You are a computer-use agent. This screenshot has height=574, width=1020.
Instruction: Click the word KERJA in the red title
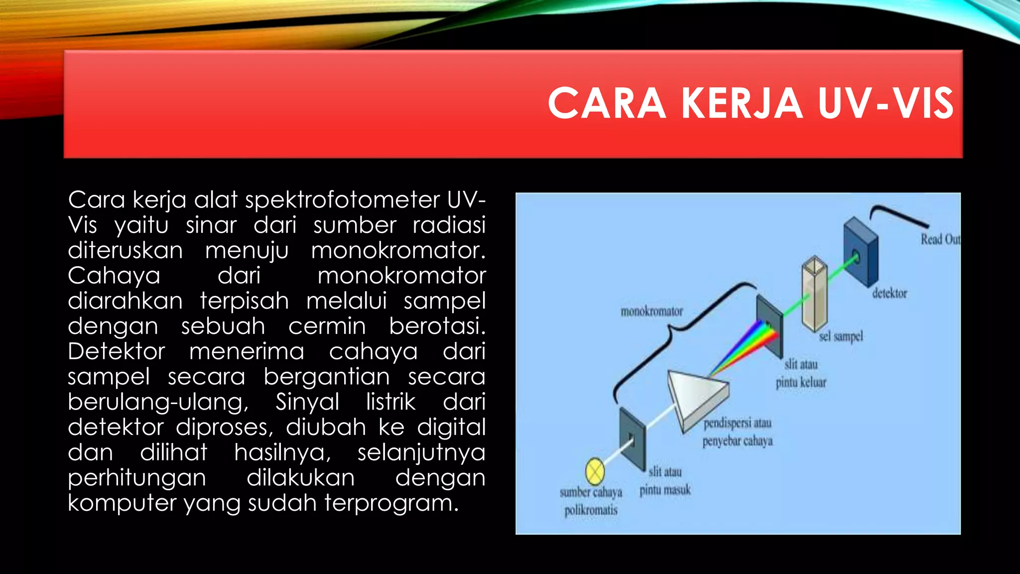[742, 104]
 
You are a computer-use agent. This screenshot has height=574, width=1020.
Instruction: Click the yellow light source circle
[595, 471]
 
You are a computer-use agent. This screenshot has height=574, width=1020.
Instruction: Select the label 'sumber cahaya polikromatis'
[591, 501]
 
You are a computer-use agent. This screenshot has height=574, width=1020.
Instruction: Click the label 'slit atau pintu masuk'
[665, 481]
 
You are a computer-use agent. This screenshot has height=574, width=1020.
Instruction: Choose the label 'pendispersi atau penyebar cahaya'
[738, 432]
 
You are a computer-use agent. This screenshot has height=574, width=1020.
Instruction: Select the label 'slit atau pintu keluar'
[801, 373]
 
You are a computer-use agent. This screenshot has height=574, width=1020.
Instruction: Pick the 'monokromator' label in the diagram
[651, 311]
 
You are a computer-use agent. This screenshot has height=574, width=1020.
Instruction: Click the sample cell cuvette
[815, 294]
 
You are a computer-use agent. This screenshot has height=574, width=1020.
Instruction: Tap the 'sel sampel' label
[841, 337]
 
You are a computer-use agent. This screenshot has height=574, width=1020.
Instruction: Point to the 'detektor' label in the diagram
[890, 293]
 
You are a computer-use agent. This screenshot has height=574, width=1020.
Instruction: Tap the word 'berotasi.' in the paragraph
[437, 326]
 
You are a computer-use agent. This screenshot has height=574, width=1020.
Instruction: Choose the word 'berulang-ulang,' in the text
[158, 402]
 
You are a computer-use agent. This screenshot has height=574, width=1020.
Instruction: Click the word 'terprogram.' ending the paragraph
[391, 503]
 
